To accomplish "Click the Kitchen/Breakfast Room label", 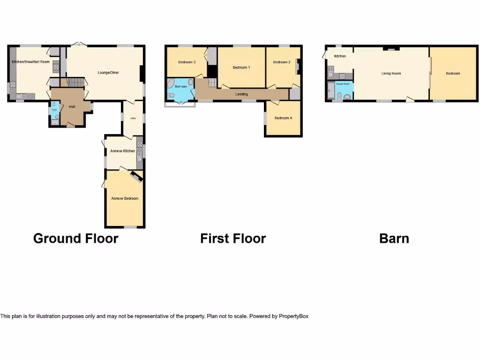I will click(x=30, y=62).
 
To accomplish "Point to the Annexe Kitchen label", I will click(x=122, y=151).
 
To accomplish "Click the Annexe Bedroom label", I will click(x=125, y=198).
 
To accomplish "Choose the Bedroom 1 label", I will click(x=241, y=67).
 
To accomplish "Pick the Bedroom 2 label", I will click(x=282, y=62).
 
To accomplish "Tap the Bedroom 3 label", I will click(x=187, y=62).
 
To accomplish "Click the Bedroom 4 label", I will click(x=283, y=118).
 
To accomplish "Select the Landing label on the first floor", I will click(x=241, y=94).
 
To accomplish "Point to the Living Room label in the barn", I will click(x=391, y=74).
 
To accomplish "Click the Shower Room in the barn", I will click(x=343, y=90).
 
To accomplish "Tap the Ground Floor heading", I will click(x=76, y=239).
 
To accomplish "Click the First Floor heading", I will click(x=233, y=239).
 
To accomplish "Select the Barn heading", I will click(x=394, y=239).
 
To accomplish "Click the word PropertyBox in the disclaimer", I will click(x=293, y=316).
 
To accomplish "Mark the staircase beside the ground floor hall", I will click(x=75, y=83).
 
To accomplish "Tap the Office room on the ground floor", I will click(x=133, y=118).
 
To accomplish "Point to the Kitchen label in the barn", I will click(x=340, y=56).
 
